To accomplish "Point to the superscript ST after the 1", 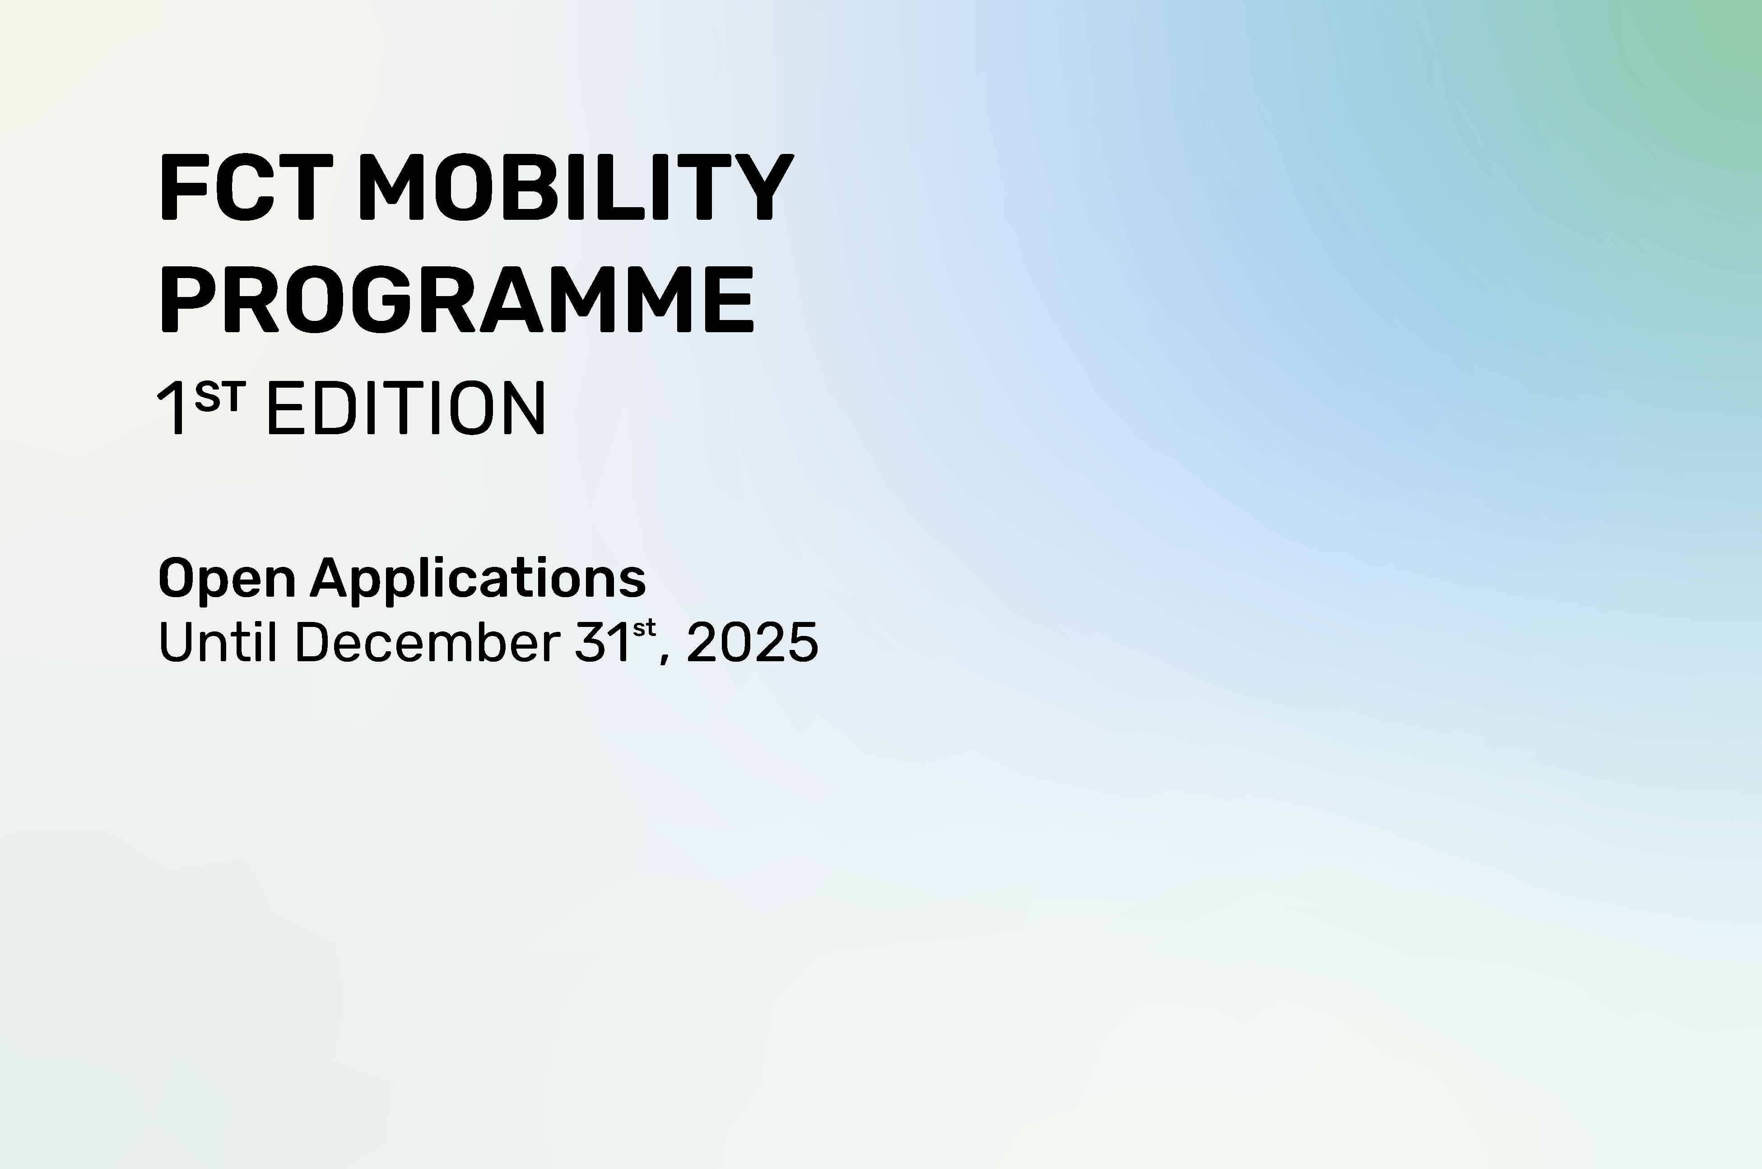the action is pyautogui.click(x=219, y=397).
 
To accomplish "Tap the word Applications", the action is pyautogui.click(x=478, y=579).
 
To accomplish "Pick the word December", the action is pyautogui.click(x=428, y=641).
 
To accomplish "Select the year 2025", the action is pyautogui.click(x=752, y=642).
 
